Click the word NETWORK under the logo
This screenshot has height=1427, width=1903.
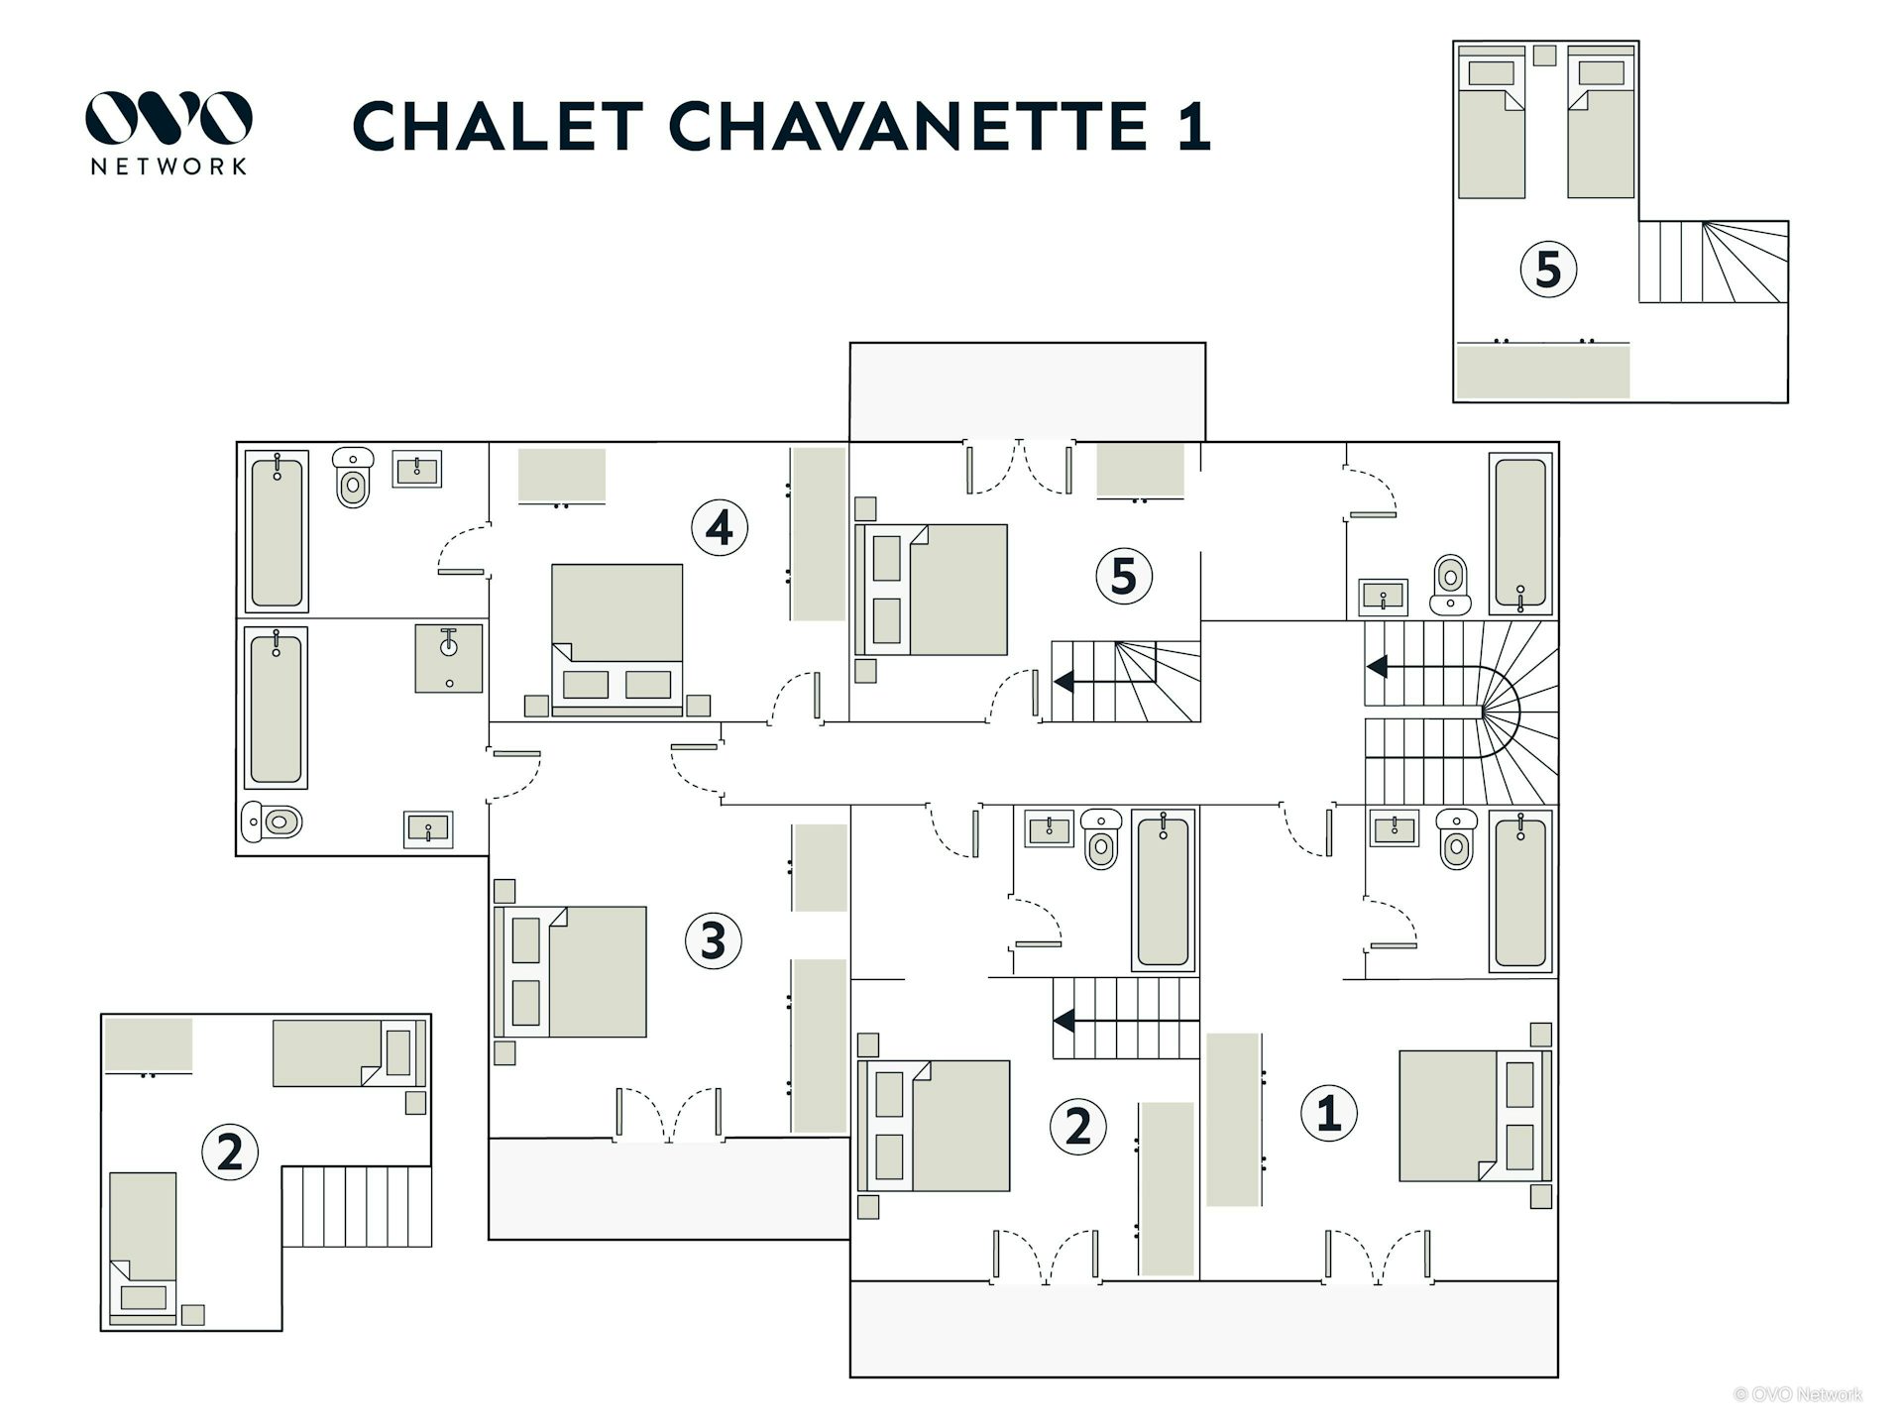(x=168, y=166)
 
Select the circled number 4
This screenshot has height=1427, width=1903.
(x=719, y=527)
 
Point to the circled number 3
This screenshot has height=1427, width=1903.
(x=713, y=940)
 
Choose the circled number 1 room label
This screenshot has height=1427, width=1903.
(x=1328, y=1113)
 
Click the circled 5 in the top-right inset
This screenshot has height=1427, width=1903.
(x=1548, y=270)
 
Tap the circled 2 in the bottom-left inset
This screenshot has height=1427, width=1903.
(x=230, y=1152)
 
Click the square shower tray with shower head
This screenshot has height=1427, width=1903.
(x=449, y=658)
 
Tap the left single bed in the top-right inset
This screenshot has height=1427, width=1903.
(x=1492, y=122)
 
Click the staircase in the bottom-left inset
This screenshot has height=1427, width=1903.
(x=357, y=1206)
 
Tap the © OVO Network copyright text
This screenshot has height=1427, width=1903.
(x=1797, y=1394)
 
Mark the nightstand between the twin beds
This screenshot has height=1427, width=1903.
(x=1544, y=55)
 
